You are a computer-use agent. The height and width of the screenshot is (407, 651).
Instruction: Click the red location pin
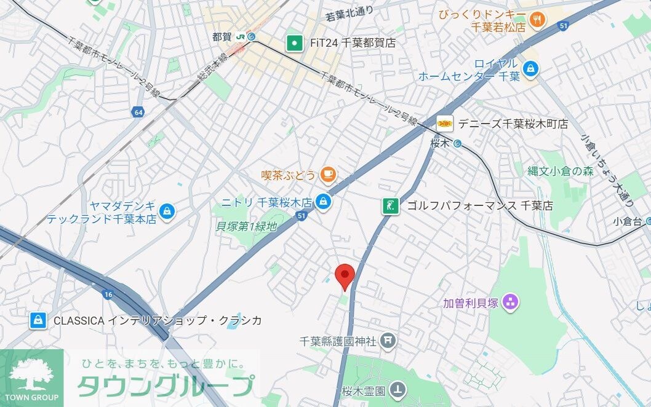tap(345, 275)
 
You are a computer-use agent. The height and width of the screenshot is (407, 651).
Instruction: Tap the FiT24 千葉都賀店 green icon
tap(295, 43)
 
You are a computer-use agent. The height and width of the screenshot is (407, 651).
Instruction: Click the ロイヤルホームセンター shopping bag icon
tap(530, 69)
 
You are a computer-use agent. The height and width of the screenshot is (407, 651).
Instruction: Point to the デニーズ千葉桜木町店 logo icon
tap(445, 124)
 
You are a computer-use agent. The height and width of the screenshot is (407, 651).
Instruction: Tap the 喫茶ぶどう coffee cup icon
tap(327, 175)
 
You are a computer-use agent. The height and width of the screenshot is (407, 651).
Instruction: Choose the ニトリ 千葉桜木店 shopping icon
tap(322, 201)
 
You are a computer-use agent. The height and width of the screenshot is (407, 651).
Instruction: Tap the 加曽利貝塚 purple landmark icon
tap(511, 302)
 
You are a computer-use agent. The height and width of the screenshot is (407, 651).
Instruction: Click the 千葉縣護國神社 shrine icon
tap(388, 339)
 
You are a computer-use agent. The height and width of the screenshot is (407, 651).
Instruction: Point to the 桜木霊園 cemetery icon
tap(399, 389)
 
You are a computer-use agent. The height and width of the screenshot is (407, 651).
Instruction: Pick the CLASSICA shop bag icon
tap(38, 320)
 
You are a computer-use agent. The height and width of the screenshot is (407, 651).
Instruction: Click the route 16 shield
tap(108, 294)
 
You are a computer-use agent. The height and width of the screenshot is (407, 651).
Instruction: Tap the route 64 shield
tap(138, 112)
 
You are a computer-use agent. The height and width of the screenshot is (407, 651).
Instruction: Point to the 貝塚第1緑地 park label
tap(247, 226)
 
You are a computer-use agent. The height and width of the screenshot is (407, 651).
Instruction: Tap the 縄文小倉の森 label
tap(560, 172)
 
